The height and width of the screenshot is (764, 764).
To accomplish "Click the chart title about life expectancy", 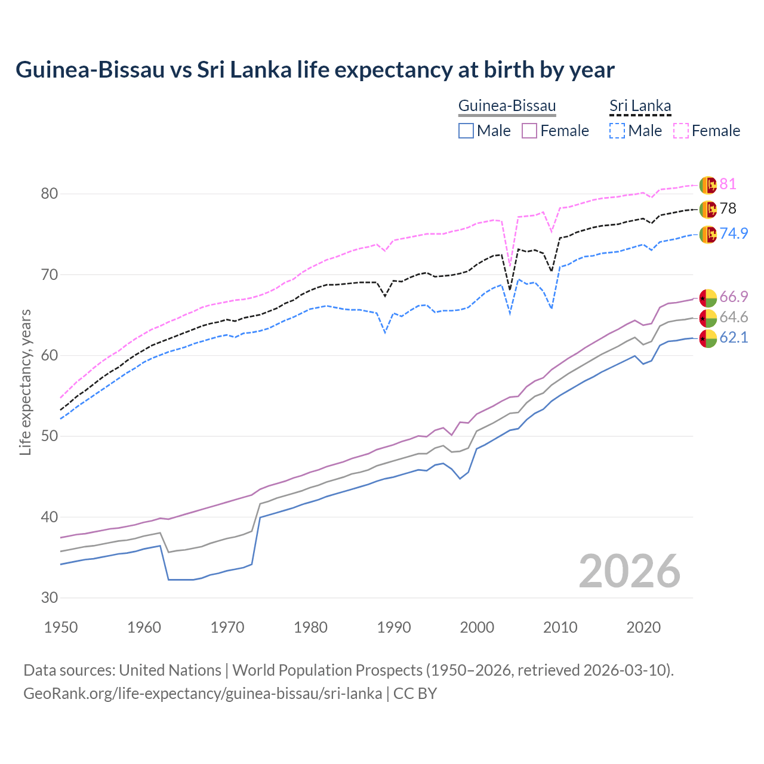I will (x=315, y=70).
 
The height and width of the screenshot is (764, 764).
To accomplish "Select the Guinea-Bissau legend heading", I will (x=507, y=106).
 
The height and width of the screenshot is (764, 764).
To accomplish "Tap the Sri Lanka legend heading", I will (x=640, y=106).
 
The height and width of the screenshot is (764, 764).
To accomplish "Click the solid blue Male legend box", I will (x=466, y=131).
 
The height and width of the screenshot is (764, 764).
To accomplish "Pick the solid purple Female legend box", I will (x=529, y=131).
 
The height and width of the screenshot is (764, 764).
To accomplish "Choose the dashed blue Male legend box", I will (x=617, y=131).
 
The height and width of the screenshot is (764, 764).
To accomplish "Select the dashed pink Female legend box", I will (x=681, y=131).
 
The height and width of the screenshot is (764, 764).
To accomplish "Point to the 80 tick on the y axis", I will (x=50, y=193).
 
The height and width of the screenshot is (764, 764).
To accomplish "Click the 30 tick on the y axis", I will (x=50, y=597).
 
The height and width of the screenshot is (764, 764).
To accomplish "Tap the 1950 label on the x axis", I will (x=61, y=627).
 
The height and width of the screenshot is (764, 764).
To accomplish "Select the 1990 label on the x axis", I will (x=394, y=627).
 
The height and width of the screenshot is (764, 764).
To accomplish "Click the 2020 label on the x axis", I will (x=643, y=627).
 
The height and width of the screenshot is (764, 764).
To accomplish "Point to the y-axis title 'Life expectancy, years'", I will (x=25, y=382).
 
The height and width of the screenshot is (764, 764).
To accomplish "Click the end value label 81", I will (x=728, y=184).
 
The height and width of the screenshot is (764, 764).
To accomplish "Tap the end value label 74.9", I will (x=734, y=233).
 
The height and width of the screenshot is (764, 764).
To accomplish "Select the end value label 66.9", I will (x=734, y=297).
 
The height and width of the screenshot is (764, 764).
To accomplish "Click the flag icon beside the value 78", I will (x=708, y=210).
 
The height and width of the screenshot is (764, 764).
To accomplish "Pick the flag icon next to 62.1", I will (x=708, y=338).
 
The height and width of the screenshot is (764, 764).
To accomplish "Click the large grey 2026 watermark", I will (x=629, y=571).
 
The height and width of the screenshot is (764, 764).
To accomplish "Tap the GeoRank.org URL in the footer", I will (x=202, y=694).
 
